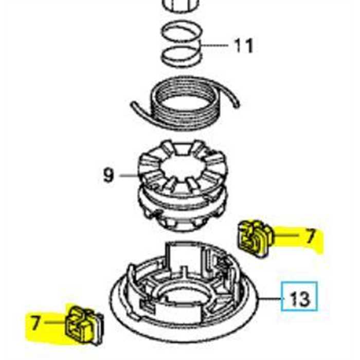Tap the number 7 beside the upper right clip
click(310, 237)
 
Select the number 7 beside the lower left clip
click(35, 323)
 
